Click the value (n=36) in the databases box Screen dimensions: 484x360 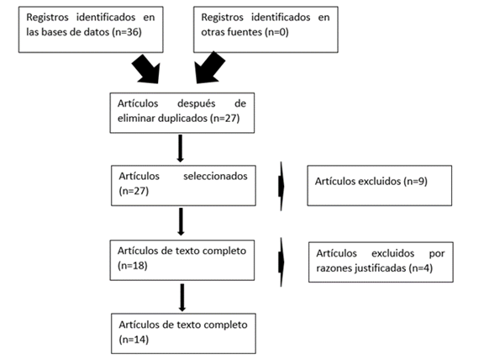(127, 32)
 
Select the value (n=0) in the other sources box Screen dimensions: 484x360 (276, 32)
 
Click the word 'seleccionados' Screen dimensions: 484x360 (215, 176)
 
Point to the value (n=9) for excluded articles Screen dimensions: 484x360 (415, 181)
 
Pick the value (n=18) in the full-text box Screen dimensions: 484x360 (133, 266)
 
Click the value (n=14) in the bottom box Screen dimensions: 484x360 (134, 340)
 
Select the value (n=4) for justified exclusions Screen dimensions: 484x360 (421, 268)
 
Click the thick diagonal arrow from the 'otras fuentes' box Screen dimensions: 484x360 (209, 68)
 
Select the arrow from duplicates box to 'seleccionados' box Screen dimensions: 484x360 (181, 148)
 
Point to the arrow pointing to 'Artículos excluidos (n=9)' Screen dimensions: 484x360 (281, 186)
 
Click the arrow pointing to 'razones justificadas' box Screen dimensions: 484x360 (281, 262)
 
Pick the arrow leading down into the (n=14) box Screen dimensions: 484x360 (182, 298)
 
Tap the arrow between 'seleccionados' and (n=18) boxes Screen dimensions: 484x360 (181, 221)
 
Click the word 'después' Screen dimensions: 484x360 (197, 103)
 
